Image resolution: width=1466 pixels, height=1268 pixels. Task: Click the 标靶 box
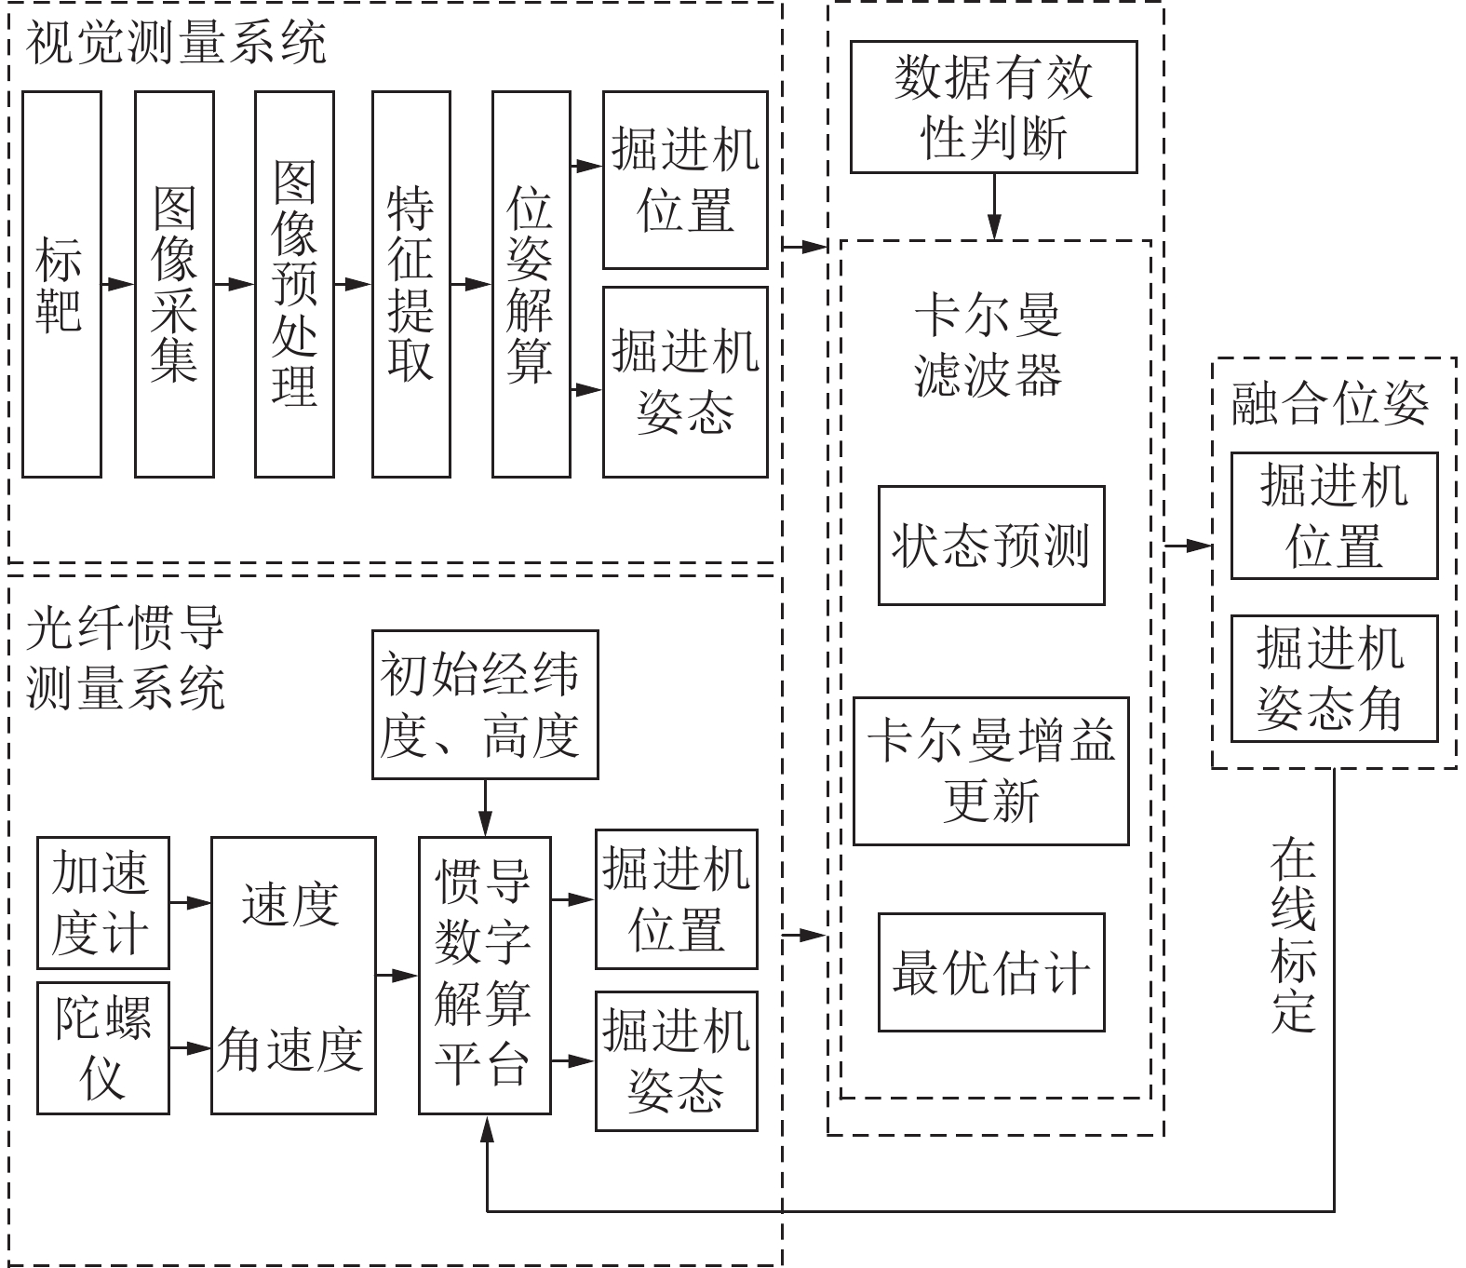click(61, 284)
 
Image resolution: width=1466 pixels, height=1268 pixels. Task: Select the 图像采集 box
click(174, 284)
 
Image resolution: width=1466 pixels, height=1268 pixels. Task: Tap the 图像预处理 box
click(294, 284)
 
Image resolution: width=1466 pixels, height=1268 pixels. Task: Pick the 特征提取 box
click(410, 284)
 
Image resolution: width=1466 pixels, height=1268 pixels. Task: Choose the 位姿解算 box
click(531, 284)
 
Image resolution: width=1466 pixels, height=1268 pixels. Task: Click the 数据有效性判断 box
click(993, 107)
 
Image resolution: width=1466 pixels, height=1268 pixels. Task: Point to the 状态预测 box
click(991, 546)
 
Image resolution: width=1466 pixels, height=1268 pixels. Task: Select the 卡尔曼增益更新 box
click(990, 771)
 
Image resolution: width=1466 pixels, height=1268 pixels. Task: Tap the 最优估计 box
click(991, 972)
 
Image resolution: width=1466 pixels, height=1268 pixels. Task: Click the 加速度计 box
click(102, 902)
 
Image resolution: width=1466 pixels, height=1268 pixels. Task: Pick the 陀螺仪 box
click(102, 1047)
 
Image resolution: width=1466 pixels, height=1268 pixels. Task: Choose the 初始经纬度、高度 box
click(484, 705)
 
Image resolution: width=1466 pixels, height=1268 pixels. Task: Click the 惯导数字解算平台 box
click(484, 975)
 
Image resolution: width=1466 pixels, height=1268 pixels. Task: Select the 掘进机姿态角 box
click(1334, 678)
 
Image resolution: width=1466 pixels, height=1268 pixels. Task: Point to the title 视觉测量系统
click(177, 45)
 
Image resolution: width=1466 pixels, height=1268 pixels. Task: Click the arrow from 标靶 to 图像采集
click(118, 284)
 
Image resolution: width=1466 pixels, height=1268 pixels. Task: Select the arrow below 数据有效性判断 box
click(994, 207)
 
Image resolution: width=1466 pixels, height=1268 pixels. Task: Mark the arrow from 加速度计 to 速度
click(190, 902)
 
